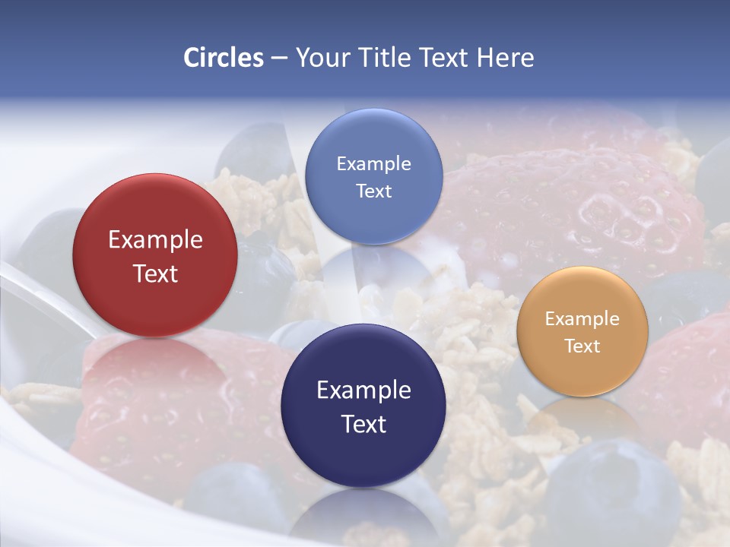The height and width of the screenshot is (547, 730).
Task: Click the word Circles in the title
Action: [223, 58]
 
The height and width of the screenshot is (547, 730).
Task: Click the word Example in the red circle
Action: [155, 240]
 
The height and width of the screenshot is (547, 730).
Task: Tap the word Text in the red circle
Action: [155, 273]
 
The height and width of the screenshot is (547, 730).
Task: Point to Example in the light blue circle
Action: [373, 164]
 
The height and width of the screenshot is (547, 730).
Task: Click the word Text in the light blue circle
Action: [373, 191]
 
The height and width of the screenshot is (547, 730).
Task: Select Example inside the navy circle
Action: [363, 390]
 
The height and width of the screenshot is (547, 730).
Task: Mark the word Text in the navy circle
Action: [363, 424]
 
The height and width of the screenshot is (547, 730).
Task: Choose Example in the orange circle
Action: [582, 319]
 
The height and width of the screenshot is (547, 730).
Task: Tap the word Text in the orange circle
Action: [582, 346]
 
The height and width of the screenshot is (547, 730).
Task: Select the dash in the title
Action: [279, 58]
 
